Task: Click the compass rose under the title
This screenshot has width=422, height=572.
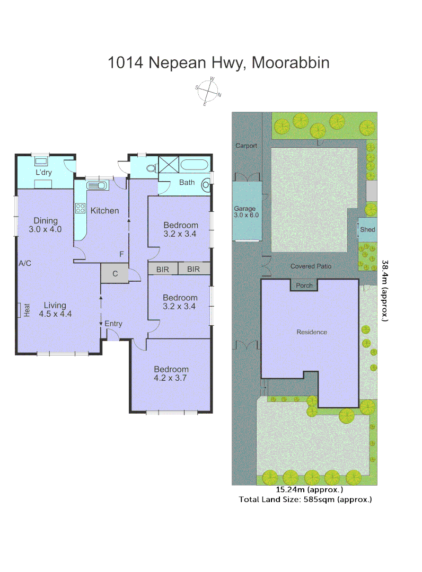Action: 208,91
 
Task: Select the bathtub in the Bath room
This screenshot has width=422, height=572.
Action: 195,164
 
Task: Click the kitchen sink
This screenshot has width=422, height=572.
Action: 96,185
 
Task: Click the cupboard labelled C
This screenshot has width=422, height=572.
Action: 115,274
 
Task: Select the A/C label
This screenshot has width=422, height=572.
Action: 24,263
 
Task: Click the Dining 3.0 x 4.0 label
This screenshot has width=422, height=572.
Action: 45,225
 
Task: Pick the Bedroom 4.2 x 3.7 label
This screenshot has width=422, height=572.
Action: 171,374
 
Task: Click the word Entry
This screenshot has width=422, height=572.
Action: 113,324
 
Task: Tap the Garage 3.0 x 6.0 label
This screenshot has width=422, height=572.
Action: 245,212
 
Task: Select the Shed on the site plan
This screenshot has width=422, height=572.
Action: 367,229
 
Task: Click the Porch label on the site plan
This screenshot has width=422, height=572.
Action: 304,285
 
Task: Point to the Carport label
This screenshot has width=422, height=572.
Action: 247,146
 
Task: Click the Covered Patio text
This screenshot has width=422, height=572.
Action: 311,266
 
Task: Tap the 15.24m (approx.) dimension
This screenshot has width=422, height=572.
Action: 310,490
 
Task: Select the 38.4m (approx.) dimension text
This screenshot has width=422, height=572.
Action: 385,290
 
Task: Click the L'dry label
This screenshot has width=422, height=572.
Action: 43,173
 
